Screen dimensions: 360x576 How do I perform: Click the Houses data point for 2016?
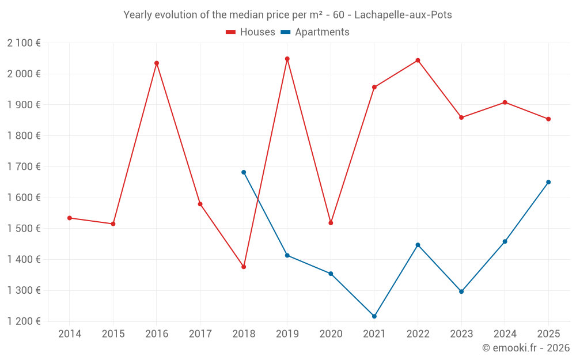(x=157, y=63)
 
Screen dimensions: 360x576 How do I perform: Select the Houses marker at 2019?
(x=287, y=59)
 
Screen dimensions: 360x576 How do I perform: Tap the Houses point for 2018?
(x=244, y=267)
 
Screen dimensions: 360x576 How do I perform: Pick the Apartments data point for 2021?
(x=374, y=316)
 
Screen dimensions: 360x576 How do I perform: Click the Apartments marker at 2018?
(x=244, y=172)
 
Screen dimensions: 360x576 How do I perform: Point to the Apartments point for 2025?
(x=548, y=182)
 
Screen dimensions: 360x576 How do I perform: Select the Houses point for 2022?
(x=418, y=60)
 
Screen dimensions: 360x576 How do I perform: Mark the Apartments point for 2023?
(x=461, y=291)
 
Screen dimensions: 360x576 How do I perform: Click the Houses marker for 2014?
(x=70, y=218)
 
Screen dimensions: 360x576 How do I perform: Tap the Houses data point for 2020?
(x=331, y=223)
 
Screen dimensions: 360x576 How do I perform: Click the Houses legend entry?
(x=251, y=32)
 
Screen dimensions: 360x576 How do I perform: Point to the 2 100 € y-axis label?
(x=24, y=43)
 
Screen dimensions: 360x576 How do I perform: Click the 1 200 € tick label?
(x=24, y=321)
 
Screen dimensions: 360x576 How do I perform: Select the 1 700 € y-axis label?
(x=24, y=166)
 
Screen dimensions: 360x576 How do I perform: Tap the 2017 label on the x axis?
(x=200, y=334)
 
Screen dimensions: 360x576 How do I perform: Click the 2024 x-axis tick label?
(x=505, y=334)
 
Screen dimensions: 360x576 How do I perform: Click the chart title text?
(x=287, y=15)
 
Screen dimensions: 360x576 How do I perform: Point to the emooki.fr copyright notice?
(x=525, y=348)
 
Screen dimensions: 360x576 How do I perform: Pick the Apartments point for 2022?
(x=418, y=245)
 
